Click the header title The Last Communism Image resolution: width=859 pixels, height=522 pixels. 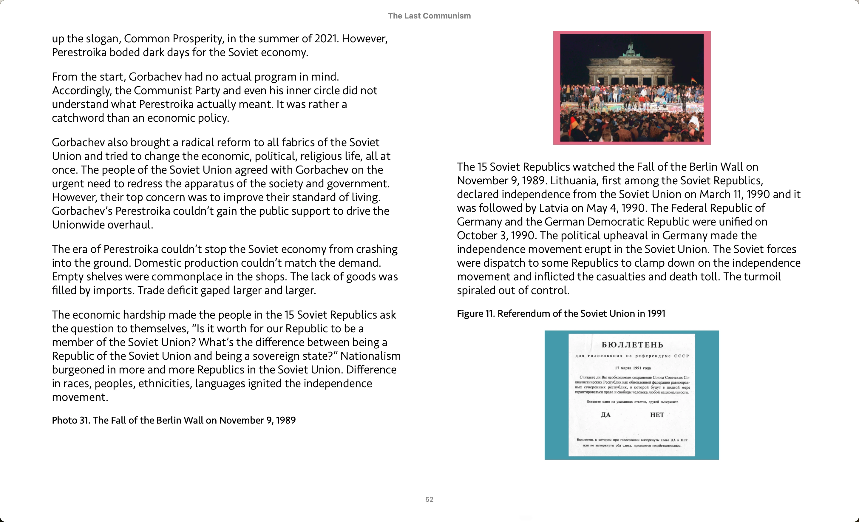point(429,16)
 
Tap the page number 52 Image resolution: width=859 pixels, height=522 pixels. point(429,499)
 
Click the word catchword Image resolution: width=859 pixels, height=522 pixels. point(78,118)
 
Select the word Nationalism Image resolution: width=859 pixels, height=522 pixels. point(370,356)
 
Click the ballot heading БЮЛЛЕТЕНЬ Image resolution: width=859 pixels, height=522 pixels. point(632,345)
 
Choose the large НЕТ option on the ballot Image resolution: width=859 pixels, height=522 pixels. point(657,415)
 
